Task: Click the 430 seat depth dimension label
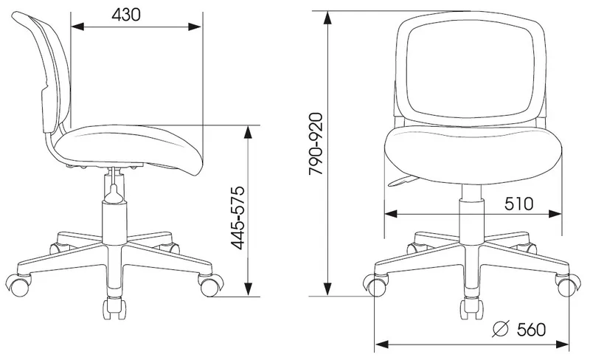[x=126, y=15]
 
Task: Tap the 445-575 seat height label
[x=237, y=218]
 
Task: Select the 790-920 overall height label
[x=316, y=143]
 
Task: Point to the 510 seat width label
[x=519, y=204]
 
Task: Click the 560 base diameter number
[x=531, y=330]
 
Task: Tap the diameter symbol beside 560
[x=501, y=329]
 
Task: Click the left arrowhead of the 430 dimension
[x=77, y=27]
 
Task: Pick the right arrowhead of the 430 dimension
[x=195, y=27]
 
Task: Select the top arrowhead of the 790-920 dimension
[x=328, y=18]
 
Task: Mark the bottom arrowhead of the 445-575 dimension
[x=248, y=289]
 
